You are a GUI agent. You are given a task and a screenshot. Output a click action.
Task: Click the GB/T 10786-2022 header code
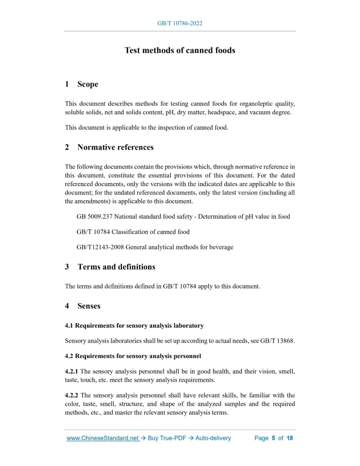(x=179, y=24)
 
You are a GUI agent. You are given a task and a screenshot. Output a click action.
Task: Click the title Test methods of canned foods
(x=179, y=50)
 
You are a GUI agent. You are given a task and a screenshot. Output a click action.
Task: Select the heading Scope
(x=87, y=84)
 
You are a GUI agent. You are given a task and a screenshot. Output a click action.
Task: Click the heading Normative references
(x=115, y=148)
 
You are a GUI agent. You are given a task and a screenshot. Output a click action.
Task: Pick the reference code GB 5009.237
(x=98, y=217)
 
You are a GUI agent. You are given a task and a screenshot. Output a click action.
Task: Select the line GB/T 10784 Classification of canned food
(x=133, y=232)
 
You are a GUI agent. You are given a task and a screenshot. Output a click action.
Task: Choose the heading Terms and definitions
(x=116, y=267)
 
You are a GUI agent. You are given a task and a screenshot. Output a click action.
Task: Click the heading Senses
(x=89, y=306)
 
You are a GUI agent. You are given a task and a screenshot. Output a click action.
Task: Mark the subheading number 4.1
(x=69, y=326)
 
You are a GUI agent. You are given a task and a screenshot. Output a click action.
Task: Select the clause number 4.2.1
(x=71, y=371)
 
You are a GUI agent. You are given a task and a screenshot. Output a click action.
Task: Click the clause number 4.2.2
(x=71, y=396)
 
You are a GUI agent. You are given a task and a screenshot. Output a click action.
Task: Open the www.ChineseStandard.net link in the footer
(x=103, y=438)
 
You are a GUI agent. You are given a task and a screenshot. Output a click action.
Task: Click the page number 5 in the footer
(x=274, y=438)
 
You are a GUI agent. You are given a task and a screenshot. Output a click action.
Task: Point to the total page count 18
(x=290, y=438)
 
